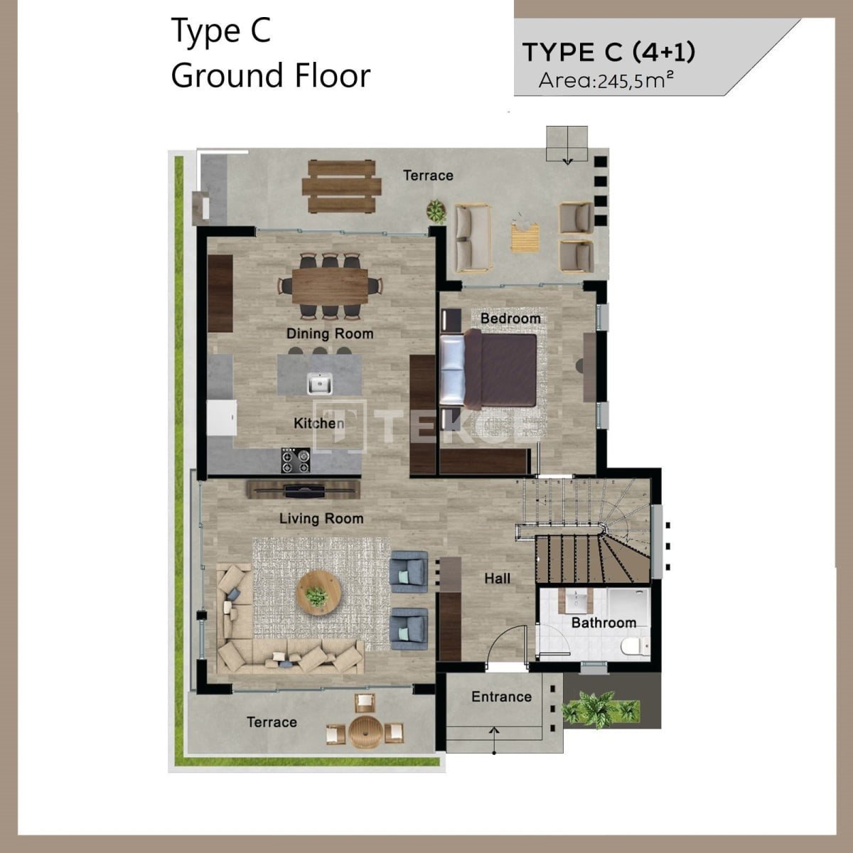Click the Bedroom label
pyautogui.click(x=510, y=318)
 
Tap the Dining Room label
pyautogui.click(x=330, y=334)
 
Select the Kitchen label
pyautogui.click(x=318, y=423)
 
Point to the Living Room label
pyautogui.click(x=321, y=518)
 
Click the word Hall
pyautogui.click(x=497, y=578)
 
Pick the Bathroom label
pyautogui.click(x=603, y=623)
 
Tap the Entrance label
pyautogui.click(x=502, y=697)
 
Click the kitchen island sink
pyautogui.click(x=319, y=383)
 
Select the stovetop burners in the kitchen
pyautogui.click(x=295, y=461)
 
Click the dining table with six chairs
pyautogui.click(x=330, y=286)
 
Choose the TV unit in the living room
pyautogui.click(x=304, y=489)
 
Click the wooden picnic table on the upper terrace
pyautogui.click(x=341, y=186)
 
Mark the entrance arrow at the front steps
pyautogui.click(x=494, y=739)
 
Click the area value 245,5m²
pyautogui.click(x=635, y=80)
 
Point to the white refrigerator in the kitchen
pyautogui.click(x=221, y=418)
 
